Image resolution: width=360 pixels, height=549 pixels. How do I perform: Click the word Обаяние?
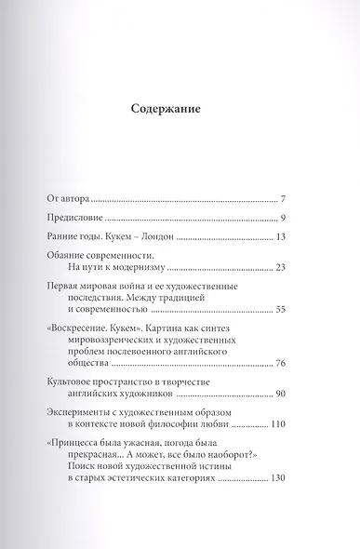click(69, 254)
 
